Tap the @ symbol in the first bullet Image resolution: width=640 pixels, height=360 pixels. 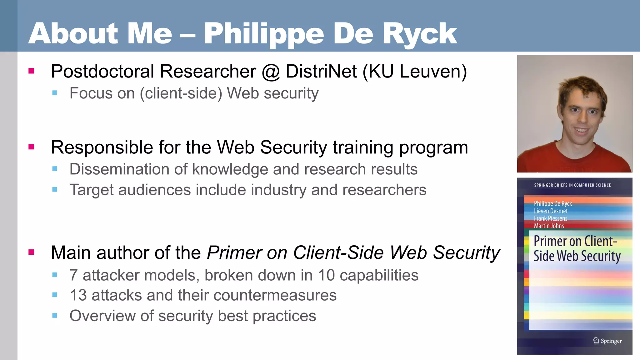[x=271, y=72]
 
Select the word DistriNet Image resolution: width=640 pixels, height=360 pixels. [x=321, y=71]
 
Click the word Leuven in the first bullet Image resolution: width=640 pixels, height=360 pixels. [x=430, y=71]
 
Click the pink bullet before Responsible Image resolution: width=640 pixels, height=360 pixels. [x=31, y=147]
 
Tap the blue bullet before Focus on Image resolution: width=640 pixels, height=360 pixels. [x=55, y=93]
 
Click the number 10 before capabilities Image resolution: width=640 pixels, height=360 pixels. [x=326, y=275]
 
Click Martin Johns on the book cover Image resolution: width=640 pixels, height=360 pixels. [x=549, y=226]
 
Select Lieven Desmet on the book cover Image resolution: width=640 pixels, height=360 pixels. [x=551, y=211]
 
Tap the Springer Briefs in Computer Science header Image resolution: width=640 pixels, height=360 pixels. [x=572, y=185]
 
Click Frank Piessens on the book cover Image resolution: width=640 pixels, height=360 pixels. [x=550, y=218]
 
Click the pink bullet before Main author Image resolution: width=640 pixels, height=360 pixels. [x=31, y=252]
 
